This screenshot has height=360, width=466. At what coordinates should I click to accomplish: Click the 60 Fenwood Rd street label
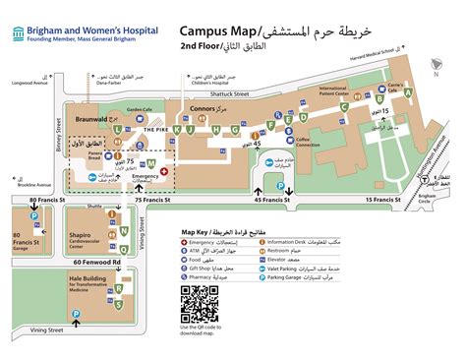coord(94,262)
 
